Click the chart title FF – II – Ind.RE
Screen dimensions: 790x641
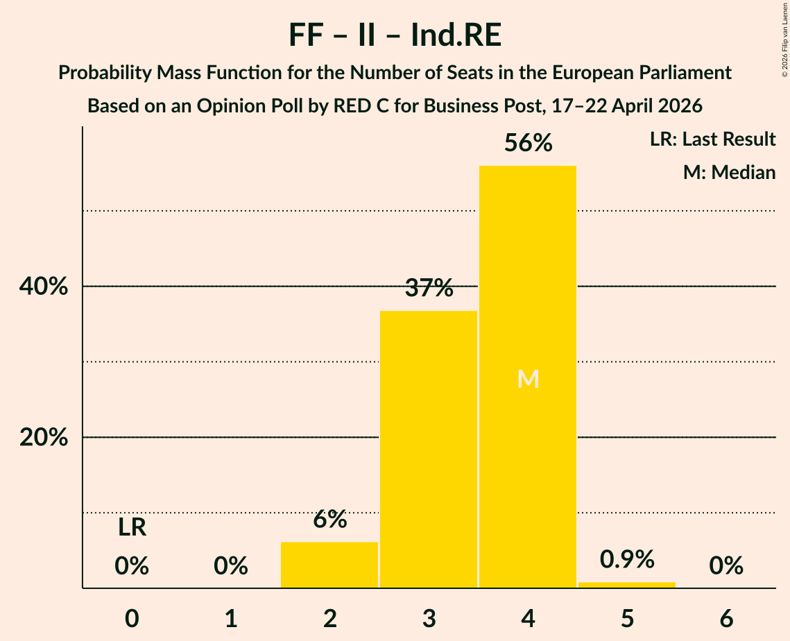(395, 35)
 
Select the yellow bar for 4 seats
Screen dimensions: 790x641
(528, 377)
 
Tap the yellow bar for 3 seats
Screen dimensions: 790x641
(428, 449)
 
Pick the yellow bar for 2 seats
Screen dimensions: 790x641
(329, 565)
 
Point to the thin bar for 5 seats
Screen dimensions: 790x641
(627, 585)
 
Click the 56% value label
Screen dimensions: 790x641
(528, 143)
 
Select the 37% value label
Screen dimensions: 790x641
(429, 288)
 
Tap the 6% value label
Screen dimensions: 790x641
(329, 519)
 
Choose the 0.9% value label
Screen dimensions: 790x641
(627, 559)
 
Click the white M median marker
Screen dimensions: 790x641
(528, 379)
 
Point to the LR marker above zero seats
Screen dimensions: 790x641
(132, 528)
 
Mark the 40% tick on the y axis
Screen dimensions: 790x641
(43, 287)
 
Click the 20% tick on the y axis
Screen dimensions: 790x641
(43, 437)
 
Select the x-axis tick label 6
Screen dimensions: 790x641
(726, 619)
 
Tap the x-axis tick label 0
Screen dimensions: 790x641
(132, 619)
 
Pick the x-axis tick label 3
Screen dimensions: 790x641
(429, 619)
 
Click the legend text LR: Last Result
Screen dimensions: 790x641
(712, 139)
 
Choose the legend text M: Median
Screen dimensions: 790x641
(729, 172)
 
